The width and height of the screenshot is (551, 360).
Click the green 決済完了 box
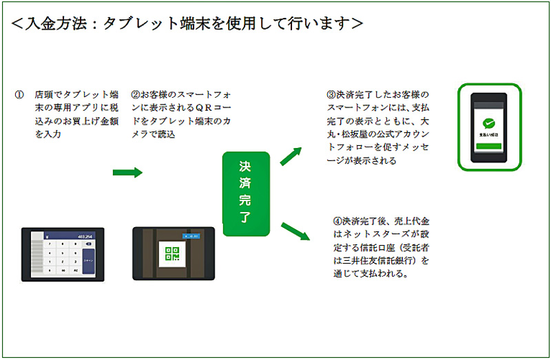(245, 194)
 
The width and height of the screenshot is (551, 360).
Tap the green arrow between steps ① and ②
(127, 172)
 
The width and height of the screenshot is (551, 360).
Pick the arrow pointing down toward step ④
(295, 231)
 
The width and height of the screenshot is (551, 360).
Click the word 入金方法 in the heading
(56, 23)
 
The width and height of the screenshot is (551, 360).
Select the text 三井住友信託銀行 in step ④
(382, 261)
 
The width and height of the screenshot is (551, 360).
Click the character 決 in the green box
(245, 167)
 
